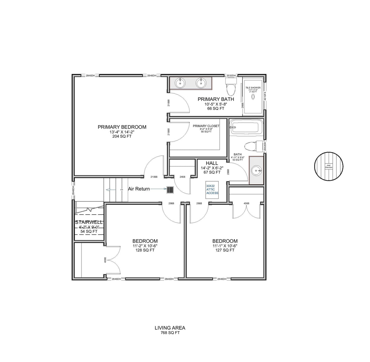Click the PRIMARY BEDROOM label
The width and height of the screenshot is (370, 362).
[122, 127]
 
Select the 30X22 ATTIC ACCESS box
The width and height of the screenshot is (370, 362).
[212, 190]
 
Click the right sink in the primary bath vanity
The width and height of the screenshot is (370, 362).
[201, 83]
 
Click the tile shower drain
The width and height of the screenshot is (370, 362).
[253, 97]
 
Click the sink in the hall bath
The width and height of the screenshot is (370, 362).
[257, 170]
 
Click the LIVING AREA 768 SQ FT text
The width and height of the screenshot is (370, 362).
[170, 330]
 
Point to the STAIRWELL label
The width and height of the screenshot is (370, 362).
[89, 222]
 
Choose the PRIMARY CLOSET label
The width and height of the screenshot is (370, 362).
[206, 126]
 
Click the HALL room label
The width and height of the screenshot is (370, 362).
[212, 163]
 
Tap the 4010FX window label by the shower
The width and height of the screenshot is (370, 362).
[265, 96]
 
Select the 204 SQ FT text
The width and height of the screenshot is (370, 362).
[122, 136]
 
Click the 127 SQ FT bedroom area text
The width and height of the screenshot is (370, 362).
[225, 250]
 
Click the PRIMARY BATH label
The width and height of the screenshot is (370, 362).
[216, 99]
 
